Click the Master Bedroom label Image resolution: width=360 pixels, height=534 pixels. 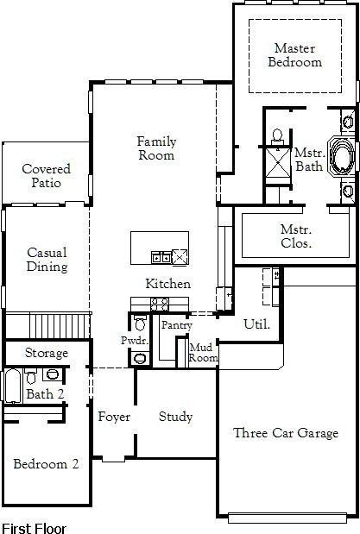click(295, 55)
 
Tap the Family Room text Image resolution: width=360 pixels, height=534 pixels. click(156, 148)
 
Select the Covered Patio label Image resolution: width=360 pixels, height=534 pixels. click(46, 176)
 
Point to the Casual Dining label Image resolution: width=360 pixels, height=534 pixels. click(47, 260)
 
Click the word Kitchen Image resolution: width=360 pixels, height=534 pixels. click(168, 284)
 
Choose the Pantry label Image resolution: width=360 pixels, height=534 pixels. click(176, 325)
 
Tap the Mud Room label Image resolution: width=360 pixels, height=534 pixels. click(204, 352)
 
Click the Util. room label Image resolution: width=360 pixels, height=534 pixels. click(256, 325)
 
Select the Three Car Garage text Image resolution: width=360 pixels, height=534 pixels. click(286, 433)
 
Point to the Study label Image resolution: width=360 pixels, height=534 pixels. click(175, 417)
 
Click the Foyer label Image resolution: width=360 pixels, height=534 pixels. click(114, 418)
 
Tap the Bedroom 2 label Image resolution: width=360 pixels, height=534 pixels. click(46, 464)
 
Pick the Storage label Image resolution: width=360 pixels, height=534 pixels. click(46, 354)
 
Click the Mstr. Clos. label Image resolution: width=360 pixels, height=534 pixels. click(296, 236)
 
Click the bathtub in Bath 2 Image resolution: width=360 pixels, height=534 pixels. click(12, 386)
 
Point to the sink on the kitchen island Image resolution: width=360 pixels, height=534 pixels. click(161, 256)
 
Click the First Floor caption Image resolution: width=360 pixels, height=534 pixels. click(34, 526)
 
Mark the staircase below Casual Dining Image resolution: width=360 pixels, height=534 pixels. click(60, 326)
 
